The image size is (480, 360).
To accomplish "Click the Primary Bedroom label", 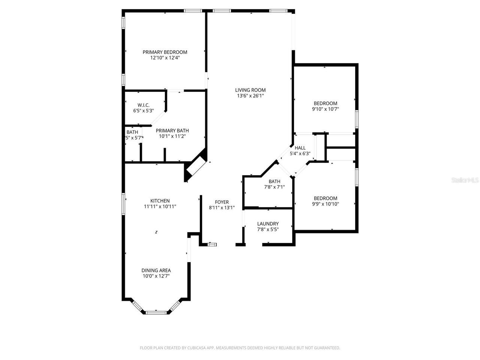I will coord(165,52).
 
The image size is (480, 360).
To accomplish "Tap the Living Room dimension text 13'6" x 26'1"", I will coord(250,96).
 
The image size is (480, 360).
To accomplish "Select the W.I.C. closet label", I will coord(143,105).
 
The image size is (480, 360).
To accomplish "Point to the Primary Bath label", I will coord(172,130).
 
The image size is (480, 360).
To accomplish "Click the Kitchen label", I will coord(160,201).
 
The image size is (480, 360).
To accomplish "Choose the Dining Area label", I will coord(156,270).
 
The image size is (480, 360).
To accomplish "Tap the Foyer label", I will coord(222,202).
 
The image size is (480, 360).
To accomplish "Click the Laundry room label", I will coord(268,224).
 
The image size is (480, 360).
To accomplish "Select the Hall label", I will coord(300,148).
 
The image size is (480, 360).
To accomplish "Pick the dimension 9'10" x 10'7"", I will coord(325,109).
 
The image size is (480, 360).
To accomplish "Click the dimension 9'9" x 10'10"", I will coord(325,204).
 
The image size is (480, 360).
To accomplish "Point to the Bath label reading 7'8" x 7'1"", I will coord(274,181).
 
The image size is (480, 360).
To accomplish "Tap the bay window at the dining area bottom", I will coord(156,312).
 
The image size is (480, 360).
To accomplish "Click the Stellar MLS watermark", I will coord(465,180).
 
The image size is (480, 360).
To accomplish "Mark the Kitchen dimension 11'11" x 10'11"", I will coord(160,206).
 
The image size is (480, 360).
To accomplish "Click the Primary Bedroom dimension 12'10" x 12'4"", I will coord(165,58).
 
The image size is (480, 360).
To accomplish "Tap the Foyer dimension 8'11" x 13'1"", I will coord(222,208).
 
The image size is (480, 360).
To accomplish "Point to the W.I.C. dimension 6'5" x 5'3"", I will coord(143,111).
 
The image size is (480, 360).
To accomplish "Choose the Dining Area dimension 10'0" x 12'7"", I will coord(156,276).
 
